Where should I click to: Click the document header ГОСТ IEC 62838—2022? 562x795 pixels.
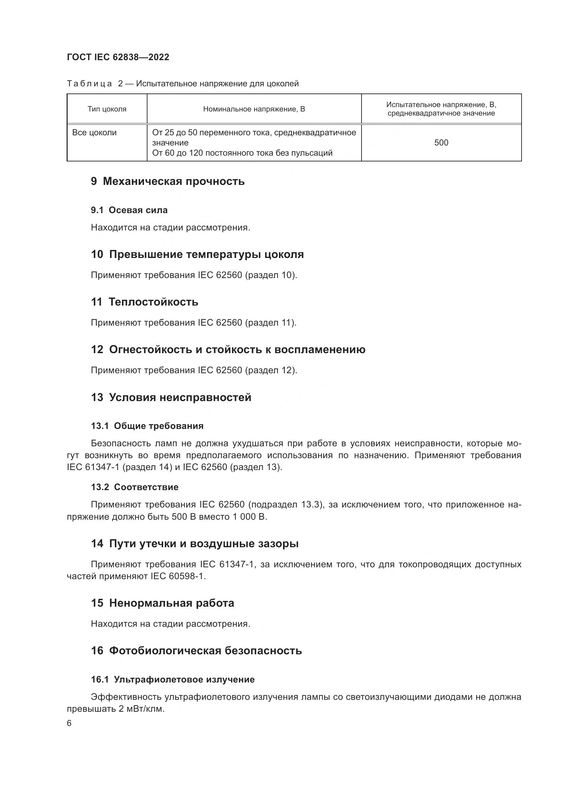(118, 57)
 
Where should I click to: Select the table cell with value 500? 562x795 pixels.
(441, 143)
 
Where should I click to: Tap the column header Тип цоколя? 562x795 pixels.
(107, 109)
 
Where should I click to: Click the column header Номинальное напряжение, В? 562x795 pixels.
(254, 109)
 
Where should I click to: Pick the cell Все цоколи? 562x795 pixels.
(94, 133)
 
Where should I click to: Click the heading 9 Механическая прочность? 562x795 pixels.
(168, 181)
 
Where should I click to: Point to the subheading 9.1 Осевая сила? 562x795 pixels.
(129, 210)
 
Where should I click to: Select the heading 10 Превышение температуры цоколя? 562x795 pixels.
(197, 254)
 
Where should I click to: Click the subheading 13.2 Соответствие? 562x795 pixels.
(135, 487)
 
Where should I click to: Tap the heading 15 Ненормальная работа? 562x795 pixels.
(162, 603)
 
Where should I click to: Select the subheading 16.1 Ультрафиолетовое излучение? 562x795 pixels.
(173, 679)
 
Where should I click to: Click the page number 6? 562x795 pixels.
(69, 723)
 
